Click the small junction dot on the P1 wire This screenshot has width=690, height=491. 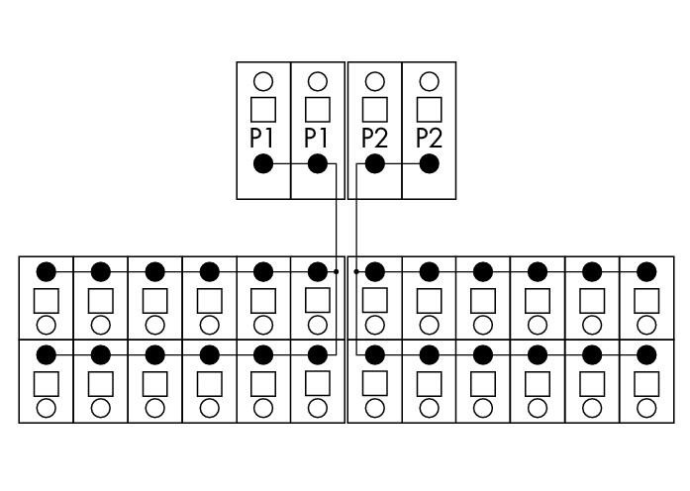(x=337, y=271)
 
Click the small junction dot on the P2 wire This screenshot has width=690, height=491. (x=356, y=271)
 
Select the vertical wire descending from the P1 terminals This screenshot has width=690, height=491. (x=337, y=259)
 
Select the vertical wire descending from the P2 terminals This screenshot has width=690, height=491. (x=356, y=259)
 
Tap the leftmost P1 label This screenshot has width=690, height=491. (x=261, y=138)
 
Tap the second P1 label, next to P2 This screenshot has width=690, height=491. (x=316, y=138)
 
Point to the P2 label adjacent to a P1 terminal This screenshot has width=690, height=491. (x=374, y=138)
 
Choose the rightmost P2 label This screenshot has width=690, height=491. (x=429, y=138)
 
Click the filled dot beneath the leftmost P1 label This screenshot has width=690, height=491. (x=263, y=164)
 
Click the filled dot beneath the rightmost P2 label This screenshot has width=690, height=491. (x=429, y=164)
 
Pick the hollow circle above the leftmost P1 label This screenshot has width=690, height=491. (x=263, y=82)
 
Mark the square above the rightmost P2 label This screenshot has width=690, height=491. (x=429, y=110)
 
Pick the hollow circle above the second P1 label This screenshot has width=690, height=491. (x=318, y=82)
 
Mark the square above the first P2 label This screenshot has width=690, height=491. (x=375, y=110)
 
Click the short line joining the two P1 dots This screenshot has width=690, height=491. (x=290, y=164)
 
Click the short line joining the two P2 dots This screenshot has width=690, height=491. (x=402, y=164)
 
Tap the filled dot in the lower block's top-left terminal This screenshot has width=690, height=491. (x=47, y=271)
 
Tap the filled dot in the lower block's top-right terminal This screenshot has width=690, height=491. (x=646, y=271)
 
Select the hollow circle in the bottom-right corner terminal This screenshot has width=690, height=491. (x=646, y=408)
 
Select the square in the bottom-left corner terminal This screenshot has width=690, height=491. (x=47, y=384)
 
